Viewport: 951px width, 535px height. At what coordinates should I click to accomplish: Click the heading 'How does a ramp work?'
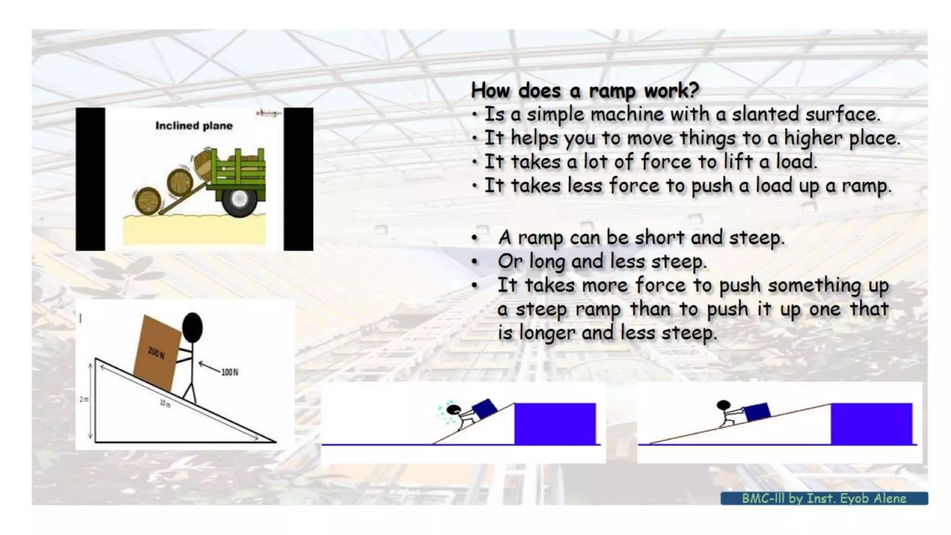(585, 90)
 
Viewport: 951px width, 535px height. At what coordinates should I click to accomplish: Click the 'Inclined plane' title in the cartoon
(194, 125)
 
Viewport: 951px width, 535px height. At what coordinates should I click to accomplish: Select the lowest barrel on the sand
(148, 201)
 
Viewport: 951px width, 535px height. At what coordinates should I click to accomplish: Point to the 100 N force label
(229, 372)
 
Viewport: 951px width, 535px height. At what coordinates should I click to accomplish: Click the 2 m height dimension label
(84, 399)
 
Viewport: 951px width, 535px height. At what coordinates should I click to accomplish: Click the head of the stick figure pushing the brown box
(192, 327)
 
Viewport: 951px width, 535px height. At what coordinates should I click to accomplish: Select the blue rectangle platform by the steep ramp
(554, 424)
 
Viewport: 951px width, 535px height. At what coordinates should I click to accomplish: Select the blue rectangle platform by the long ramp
(871, 424)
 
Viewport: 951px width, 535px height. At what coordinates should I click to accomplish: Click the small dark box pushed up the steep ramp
(484, 409)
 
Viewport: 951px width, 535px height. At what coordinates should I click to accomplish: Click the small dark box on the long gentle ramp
(756, 411)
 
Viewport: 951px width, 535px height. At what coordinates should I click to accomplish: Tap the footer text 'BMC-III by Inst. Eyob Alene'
(823, 498)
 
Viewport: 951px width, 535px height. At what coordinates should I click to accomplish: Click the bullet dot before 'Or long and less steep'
(474, 261)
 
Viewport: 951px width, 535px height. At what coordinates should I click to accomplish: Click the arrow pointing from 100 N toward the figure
(209, 367)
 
